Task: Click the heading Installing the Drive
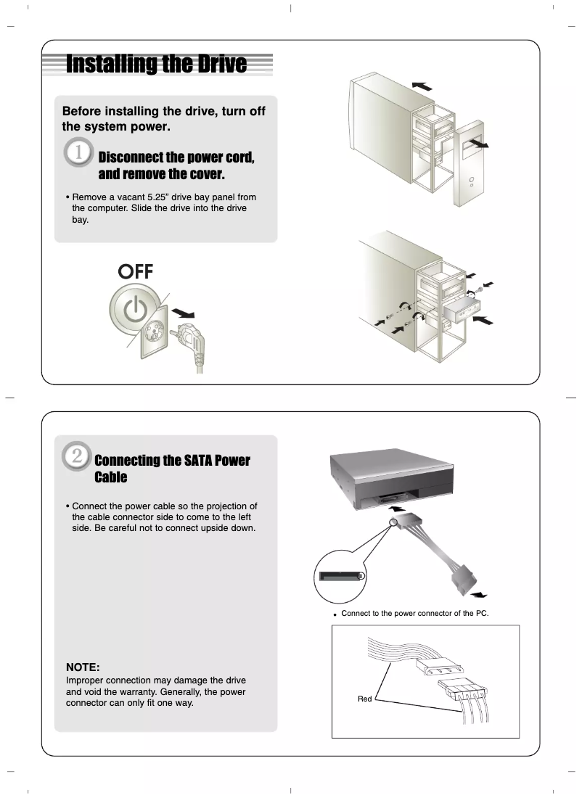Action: pos(156,65)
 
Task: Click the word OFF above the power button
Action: pos(136,271)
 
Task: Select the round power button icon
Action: pos(134,310)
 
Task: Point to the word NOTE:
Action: pos(82,667)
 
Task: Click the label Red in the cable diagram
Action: pos(364,699)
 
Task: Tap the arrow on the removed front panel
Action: pos(477,144)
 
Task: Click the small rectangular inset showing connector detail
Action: pos(341,577)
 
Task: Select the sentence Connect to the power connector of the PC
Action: pos(414,614)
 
